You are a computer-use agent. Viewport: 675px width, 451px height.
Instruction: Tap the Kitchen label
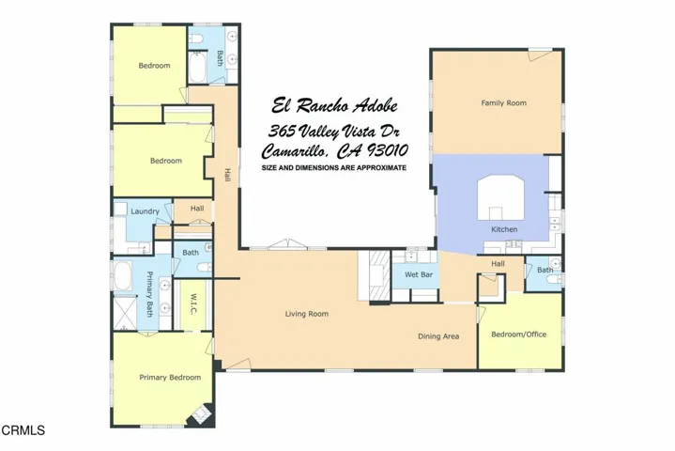tap(504, 229)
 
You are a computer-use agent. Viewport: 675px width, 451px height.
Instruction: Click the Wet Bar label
tap(418, 274)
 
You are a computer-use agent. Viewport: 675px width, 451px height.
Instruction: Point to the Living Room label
tap(307, 314)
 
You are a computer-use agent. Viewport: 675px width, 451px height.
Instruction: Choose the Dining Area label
tap(438, 336)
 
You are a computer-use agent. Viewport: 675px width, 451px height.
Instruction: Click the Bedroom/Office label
tap(518, 334)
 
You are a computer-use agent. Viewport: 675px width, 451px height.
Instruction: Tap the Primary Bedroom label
tap(170, 378)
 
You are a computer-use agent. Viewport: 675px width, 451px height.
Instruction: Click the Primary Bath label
tap(148, 294)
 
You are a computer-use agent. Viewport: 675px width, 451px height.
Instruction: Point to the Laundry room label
tap(145, 211)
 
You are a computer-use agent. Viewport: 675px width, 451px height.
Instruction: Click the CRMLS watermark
tap(23, 431)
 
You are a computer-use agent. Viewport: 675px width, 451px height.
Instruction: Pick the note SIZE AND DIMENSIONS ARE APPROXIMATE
tap(334, 167)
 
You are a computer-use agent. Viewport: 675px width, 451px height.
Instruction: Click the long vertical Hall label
tap(227, 175)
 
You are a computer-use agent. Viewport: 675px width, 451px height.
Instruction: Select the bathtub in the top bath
tap(200, 69)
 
